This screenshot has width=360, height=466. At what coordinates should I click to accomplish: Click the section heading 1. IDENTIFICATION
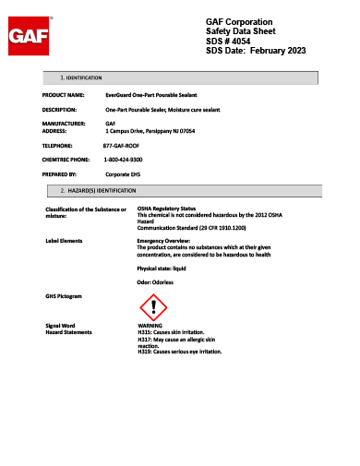(x=81, y=78)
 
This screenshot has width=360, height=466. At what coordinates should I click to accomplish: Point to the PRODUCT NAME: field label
(x=64, y=95)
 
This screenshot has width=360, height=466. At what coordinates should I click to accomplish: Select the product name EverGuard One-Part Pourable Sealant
(x=150, y=95)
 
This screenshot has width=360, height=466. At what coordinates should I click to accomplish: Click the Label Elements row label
(x=64, y=239)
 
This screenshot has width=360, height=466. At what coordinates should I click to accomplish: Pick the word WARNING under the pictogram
(x=150, y=327)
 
